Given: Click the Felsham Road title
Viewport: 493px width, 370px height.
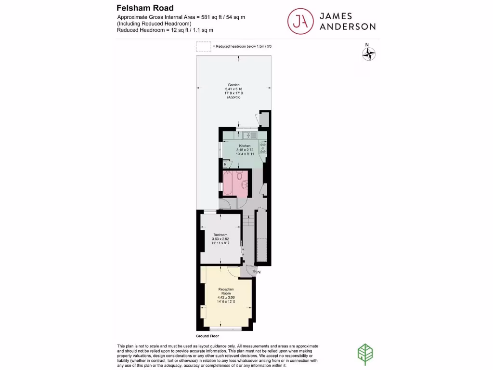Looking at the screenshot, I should point(145,8).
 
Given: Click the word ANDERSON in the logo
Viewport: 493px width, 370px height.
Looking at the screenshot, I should point(347,26).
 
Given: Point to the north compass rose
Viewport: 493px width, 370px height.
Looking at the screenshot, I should point(368,54).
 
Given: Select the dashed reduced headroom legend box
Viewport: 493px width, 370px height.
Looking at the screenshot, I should point(203,47).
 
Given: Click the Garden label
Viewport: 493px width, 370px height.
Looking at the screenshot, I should point(234,85).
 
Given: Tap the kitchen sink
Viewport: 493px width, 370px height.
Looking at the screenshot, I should point(248,135).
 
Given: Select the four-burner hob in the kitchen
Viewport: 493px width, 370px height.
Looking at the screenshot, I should point(263,148).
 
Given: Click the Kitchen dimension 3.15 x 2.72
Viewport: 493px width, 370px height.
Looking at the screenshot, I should point(245,150).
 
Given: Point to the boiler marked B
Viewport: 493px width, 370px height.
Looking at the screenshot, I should point(225,164).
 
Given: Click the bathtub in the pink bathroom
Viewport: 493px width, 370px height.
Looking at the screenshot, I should point(227,184).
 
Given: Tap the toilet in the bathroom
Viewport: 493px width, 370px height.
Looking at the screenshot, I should point(240,175).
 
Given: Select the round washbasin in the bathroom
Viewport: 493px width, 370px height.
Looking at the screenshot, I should point(245,184).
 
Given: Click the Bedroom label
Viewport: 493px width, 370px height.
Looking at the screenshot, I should point(221,235).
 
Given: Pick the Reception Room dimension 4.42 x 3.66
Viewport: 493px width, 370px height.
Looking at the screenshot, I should point(226,298).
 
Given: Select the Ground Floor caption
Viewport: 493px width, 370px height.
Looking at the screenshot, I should point(208,336).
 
